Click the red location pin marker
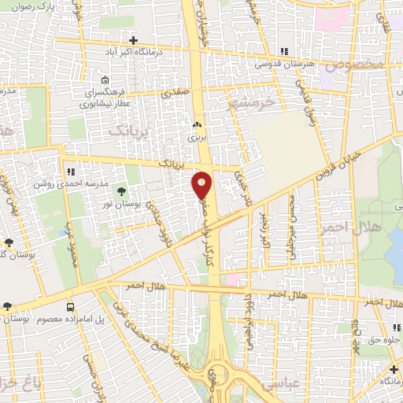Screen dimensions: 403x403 [202, 186]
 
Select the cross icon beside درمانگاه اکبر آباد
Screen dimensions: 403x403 [134, 40]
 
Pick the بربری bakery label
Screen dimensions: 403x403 [197, 136]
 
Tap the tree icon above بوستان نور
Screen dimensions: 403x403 [121, 191]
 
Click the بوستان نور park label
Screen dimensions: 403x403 [121, 203]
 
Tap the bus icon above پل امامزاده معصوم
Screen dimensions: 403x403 [71, 307]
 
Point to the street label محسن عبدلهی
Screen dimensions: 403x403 [292, 228]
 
